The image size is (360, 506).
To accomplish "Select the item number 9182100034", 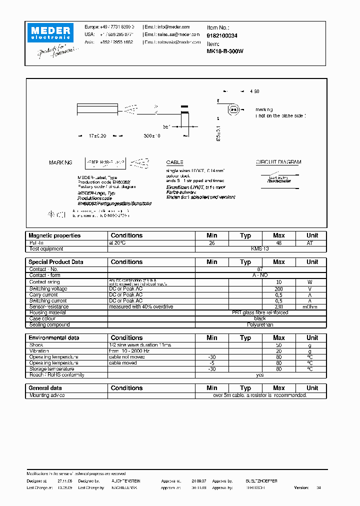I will [x=222, y=36].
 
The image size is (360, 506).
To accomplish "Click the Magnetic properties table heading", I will [x=54, y=235].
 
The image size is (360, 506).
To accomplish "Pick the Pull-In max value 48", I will [x=279, y=242].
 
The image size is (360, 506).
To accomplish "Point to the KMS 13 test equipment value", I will [x=260, y=248].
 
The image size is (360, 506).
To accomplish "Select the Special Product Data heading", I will [x=56, y=262].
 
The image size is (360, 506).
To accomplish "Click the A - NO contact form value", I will [x=260, y=275].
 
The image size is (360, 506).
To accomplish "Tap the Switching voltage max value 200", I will [x=279, y=289].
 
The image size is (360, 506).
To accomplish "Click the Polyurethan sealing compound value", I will [x=260, y=325].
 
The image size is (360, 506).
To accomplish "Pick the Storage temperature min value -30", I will [x=212, y=369].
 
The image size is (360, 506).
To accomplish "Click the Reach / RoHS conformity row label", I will [x=56, y=375].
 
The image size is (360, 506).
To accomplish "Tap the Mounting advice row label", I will [x=47, y=395].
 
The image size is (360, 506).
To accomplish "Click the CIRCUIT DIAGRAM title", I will [x=278, y=162].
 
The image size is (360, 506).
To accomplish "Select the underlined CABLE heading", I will [x=174, y=162].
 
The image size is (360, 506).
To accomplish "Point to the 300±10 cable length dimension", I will [x=151, y=136].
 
